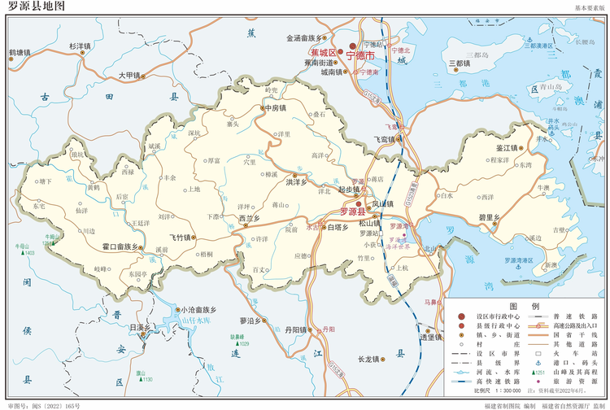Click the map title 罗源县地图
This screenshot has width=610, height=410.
click(x=35, y=7)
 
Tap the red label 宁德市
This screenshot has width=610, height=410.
click(x=360, y=57)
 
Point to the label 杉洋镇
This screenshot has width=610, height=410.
click(x=81, y=46)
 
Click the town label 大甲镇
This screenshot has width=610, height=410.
click(x=130, y=75)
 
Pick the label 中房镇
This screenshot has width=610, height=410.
click(x=274, y=108)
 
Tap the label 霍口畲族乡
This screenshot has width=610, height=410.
click(x=121, y=245)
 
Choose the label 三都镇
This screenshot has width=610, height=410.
click(x=460, y=63)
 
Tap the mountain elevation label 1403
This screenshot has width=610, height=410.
click(x=30, y=253)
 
